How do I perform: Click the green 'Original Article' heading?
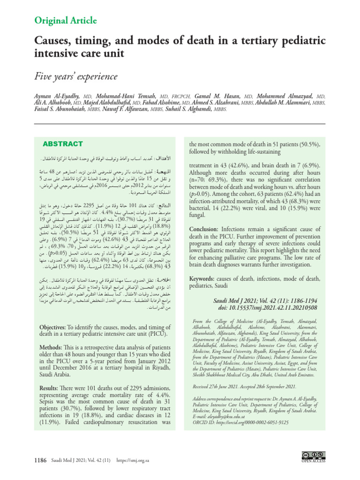click(x=66, y=21)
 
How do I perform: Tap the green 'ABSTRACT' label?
click(x=63, y=143)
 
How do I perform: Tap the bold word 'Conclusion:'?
click(x=208, y=229)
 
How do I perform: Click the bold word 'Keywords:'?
click(x=205, y=279)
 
